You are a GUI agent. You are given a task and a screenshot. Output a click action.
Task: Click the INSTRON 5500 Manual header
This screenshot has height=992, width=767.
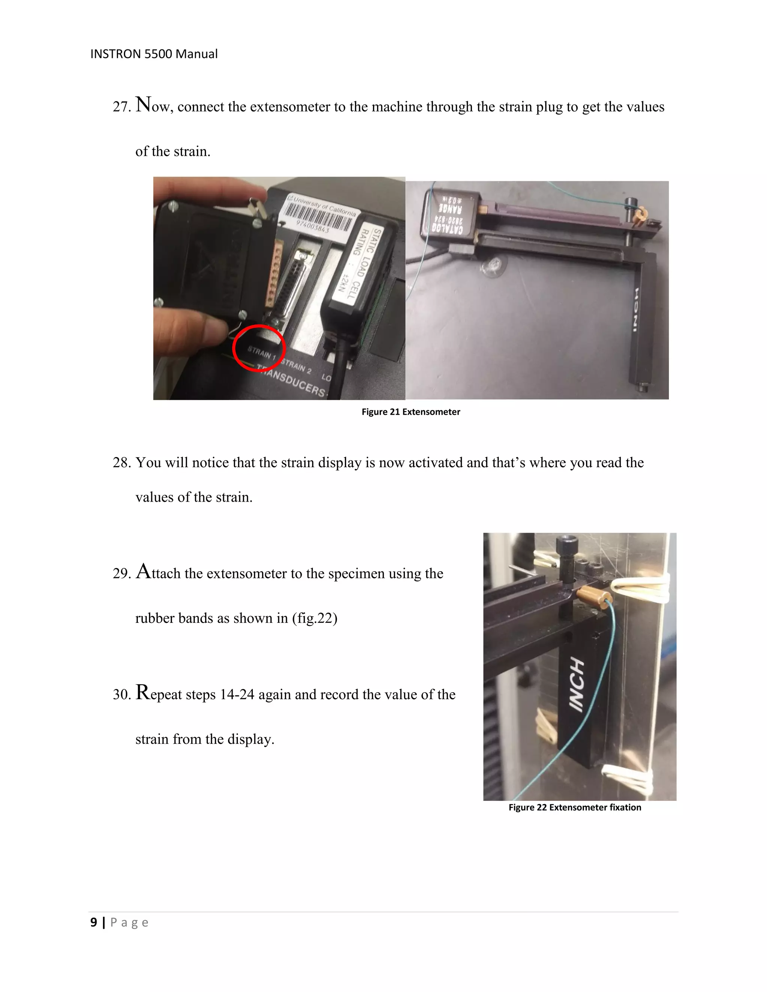tap(154, 54)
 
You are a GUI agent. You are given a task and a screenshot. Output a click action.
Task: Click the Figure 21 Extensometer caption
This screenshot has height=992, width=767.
tap(410, 412)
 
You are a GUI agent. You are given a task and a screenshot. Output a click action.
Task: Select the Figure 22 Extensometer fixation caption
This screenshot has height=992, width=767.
tap(575, 807)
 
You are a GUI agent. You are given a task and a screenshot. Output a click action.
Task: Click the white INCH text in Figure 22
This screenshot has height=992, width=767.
tap(577, 684)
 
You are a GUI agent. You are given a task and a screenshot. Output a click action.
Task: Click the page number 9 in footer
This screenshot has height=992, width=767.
tap(94, 922)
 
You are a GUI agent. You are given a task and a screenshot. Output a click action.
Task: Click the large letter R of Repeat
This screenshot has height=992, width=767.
tap(143, 692)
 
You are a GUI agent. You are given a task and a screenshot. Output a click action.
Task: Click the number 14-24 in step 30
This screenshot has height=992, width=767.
tap(237, 694)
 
